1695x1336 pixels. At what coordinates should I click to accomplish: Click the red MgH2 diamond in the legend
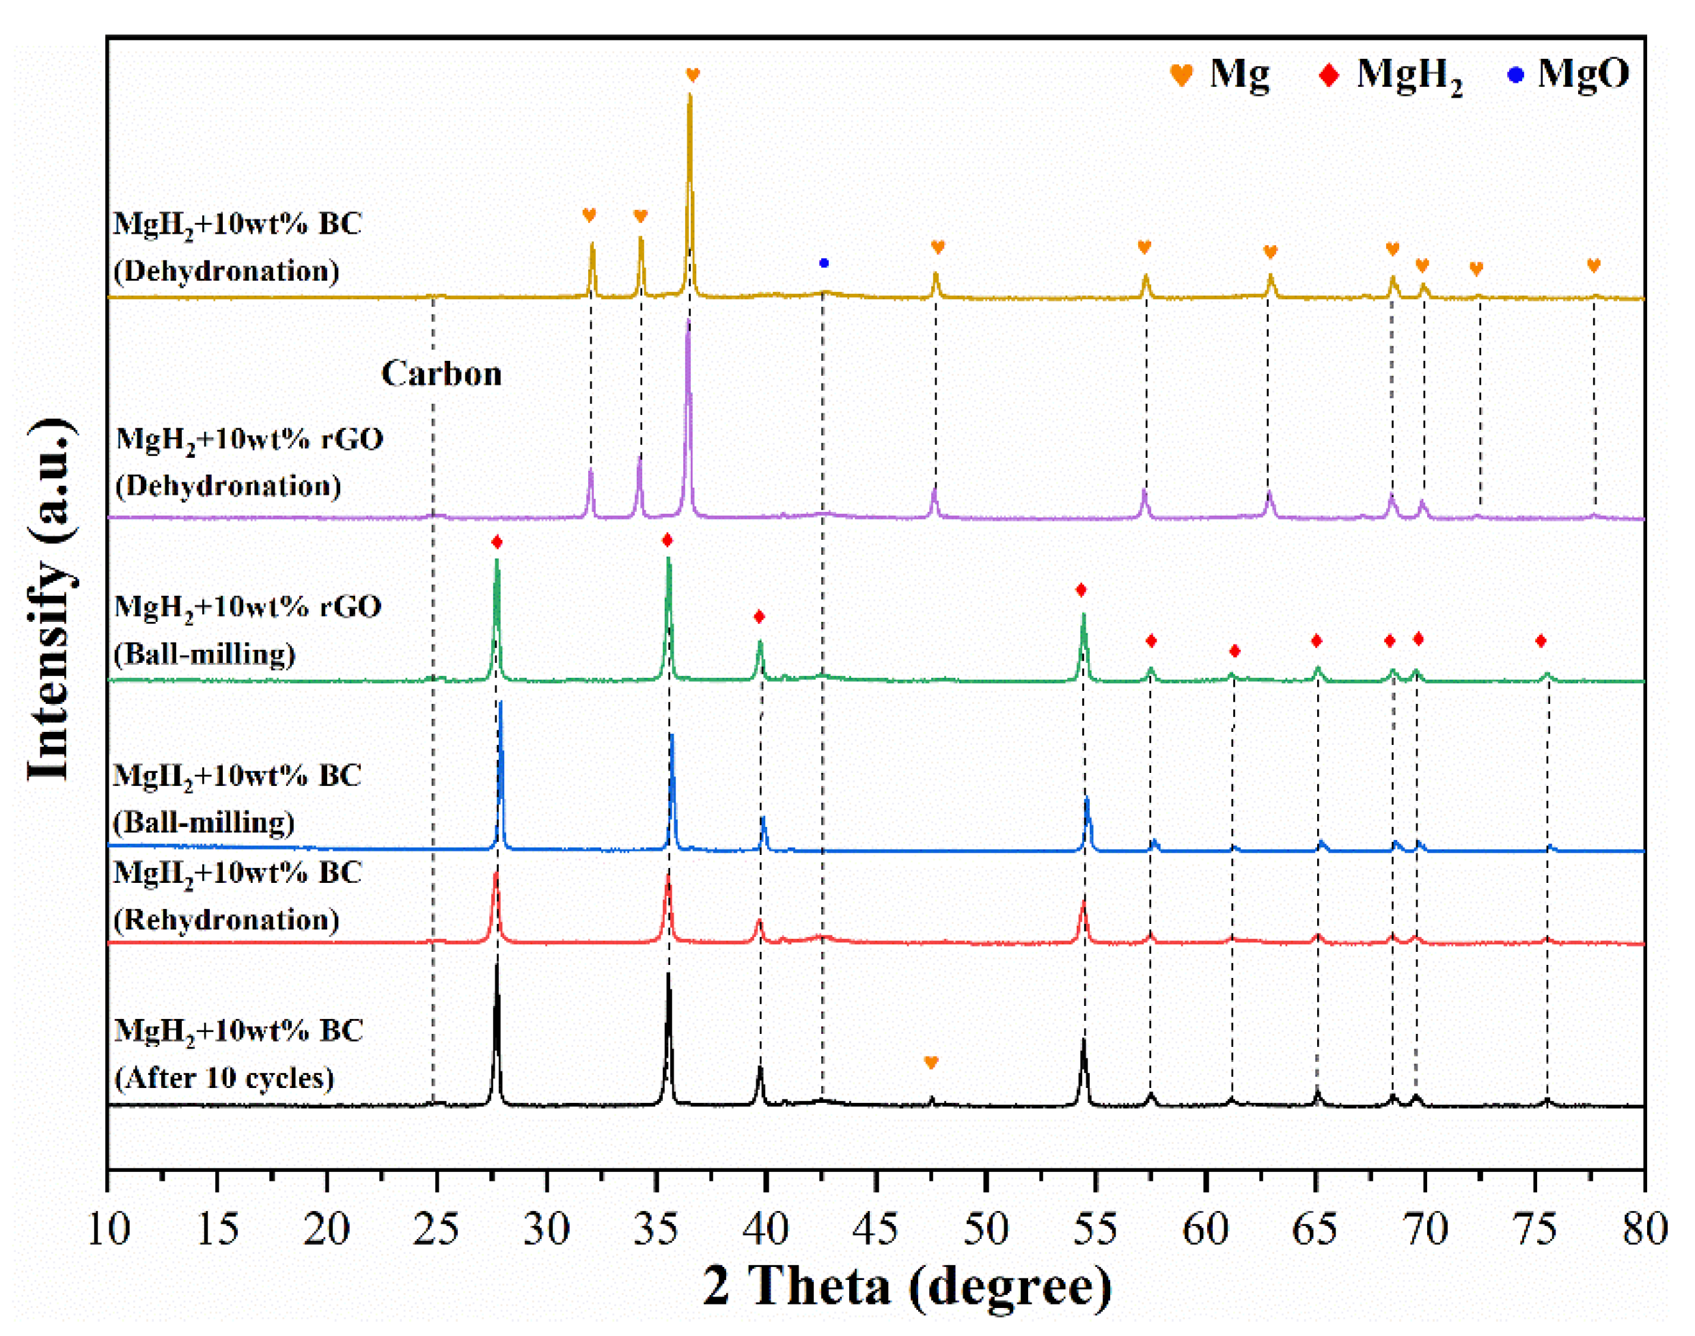pyautogui.click(x=1329, y=76)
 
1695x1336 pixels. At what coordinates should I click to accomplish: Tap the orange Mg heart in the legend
pyautogui.click(x=1181, y=76)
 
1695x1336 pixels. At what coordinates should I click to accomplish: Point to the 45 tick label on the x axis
pyautogui.click(x=875, y=1229)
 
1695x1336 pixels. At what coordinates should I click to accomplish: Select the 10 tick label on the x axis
pyautogui.click(x=108, y=1229)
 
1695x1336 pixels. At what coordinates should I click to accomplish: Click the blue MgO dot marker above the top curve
pyautogui.click(x=823, y=263)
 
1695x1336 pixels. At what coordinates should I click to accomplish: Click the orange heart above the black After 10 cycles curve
pyautogui.click(x=931, y=1062)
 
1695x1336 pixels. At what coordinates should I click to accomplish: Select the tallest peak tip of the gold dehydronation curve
pyautogui.click(x=689, y=96)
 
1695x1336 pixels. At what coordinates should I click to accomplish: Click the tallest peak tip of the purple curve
pyautogui.click(x=688, y=321)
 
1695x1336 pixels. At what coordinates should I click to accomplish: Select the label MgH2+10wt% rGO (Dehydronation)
pyautogui.click(x=248, y=462)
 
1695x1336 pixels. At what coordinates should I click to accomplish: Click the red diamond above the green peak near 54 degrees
pyautogui.click(x=1081, y=590)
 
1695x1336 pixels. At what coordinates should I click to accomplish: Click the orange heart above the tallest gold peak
pyautogui.click(x=693, y=75)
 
